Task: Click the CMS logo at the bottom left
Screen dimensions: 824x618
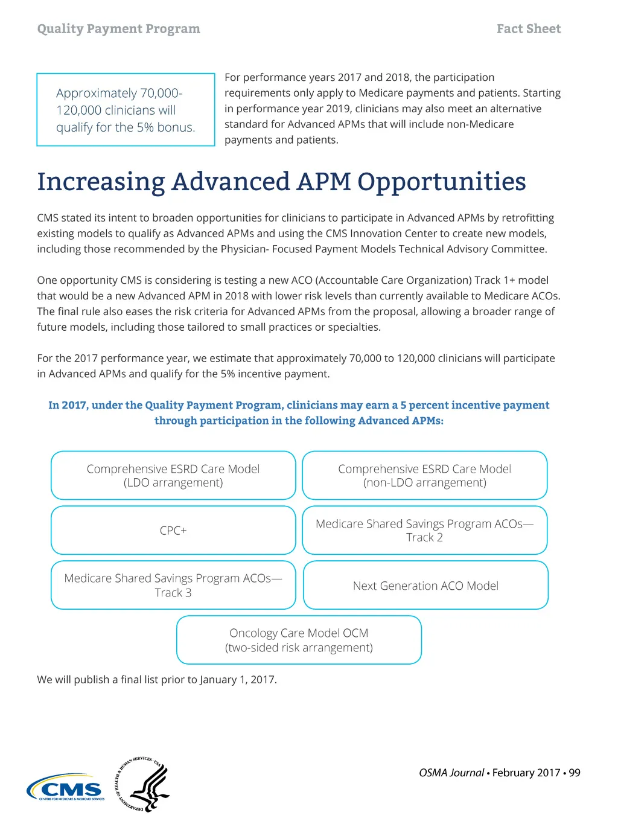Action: [x=65, y=788]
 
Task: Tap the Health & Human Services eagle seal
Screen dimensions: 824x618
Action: [x=143, y=784]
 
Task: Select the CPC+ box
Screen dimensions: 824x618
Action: [x=173, y=531]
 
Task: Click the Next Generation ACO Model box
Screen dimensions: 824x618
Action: [x=425, y=586]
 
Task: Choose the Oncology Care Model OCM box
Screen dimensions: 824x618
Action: [x=299, y=640]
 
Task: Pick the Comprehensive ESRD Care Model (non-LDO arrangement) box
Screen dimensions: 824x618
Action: [x=424, y=476]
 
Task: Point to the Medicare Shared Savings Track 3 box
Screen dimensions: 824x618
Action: [x=173, y=585]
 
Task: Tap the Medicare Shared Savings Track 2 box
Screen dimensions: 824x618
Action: [x=424, y=531]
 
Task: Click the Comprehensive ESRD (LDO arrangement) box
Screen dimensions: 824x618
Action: [x=173, y=476]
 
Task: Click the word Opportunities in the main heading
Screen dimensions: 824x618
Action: [x=441, y=182]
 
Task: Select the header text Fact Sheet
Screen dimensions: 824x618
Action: [x=529, y=29]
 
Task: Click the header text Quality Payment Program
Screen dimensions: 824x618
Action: [x=118, y=29]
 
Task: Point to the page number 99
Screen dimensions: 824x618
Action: [x=575, y=773]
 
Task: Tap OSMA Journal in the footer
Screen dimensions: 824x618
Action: [x=451, y=773]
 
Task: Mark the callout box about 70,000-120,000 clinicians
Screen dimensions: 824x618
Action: [x=126, y=110]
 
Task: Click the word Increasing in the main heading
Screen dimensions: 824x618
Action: [x=101, y=182]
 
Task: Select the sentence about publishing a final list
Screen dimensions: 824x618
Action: [x=157, y=680]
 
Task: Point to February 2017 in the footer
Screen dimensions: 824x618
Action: [x=526, y=773]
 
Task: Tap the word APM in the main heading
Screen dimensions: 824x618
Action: [x=323, y=182]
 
